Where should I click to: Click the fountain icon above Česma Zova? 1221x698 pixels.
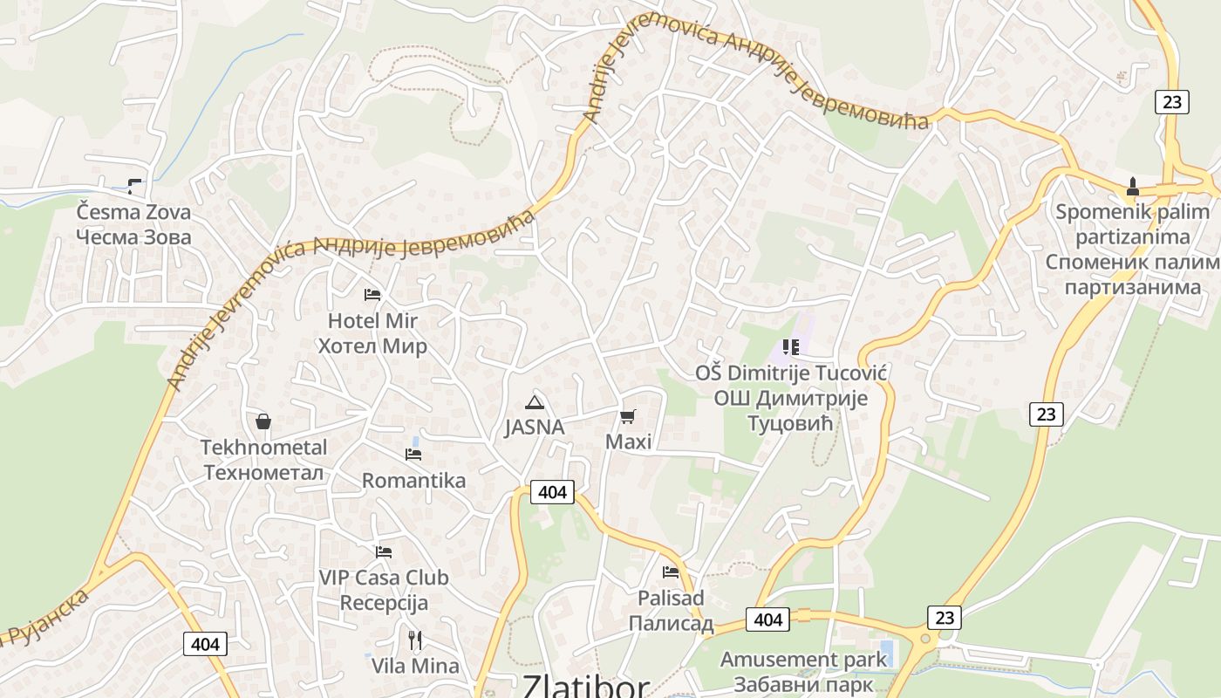(x=133, y=185)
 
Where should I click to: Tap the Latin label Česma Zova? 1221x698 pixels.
(x=133, y=212)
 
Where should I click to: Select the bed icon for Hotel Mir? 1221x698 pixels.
(x=372, y=294)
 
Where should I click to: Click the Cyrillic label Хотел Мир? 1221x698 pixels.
(x=372, y=346)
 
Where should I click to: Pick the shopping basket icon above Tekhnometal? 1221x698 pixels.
(x=263, y=421)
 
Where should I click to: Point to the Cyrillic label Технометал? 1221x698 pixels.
(x=263, y=473)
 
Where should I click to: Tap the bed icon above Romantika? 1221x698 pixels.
(x=413, y=454)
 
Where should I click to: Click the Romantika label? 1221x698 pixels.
(x=413, y=481)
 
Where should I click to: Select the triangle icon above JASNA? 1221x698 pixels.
(x=535, y=402)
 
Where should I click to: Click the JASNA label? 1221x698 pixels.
(x=535, y=428)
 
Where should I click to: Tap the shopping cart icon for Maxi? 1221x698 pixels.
(x=628, y=416)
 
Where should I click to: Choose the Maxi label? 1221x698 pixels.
(x=628, y=441)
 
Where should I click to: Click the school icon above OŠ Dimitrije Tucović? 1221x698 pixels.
(x=791, y=347)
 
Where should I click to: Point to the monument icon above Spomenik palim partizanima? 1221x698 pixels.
(x=1133, y=186)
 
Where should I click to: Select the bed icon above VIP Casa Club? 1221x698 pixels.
(x=384, y=551)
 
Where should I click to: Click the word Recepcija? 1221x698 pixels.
(x=384, y=603)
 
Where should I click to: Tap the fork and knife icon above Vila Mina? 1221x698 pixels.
(x=415, y=640)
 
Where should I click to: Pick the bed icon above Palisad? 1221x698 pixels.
(x=671, y=572)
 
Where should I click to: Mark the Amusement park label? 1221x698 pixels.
(x=802, y=659)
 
